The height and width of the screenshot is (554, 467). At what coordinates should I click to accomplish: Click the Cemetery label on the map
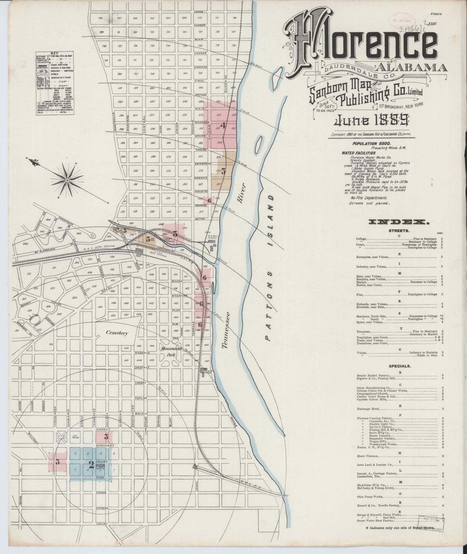tap(117, 333)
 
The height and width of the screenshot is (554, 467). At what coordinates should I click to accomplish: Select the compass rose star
tap(67, 180)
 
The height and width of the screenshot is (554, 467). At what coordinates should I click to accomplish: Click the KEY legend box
tap(55, 84)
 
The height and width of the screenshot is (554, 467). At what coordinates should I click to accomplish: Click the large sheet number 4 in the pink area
tap(223, 125)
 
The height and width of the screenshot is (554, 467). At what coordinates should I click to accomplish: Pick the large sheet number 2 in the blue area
tap(91, 465)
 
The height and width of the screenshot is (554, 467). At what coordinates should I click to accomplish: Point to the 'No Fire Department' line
tap(369, 198)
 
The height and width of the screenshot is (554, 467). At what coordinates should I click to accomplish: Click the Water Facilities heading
tap(358, 153)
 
